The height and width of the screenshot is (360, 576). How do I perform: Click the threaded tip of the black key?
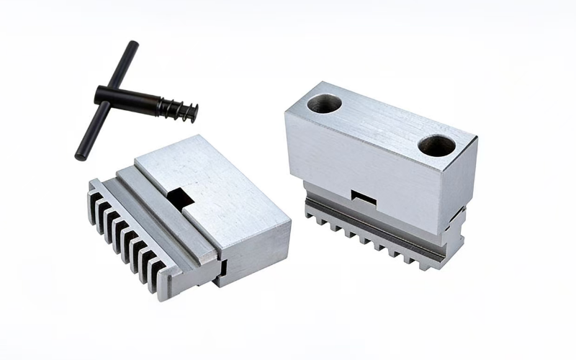189,112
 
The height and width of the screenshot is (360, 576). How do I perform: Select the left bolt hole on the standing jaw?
324,104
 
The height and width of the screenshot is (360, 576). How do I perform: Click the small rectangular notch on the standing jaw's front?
362,195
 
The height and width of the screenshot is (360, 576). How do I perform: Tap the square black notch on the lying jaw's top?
179,197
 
